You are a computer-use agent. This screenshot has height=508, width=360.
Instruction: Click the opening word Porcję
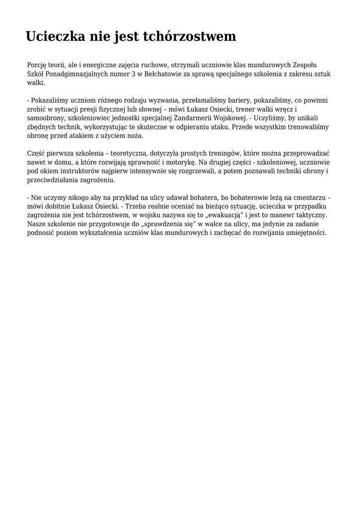click(37, 65)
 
